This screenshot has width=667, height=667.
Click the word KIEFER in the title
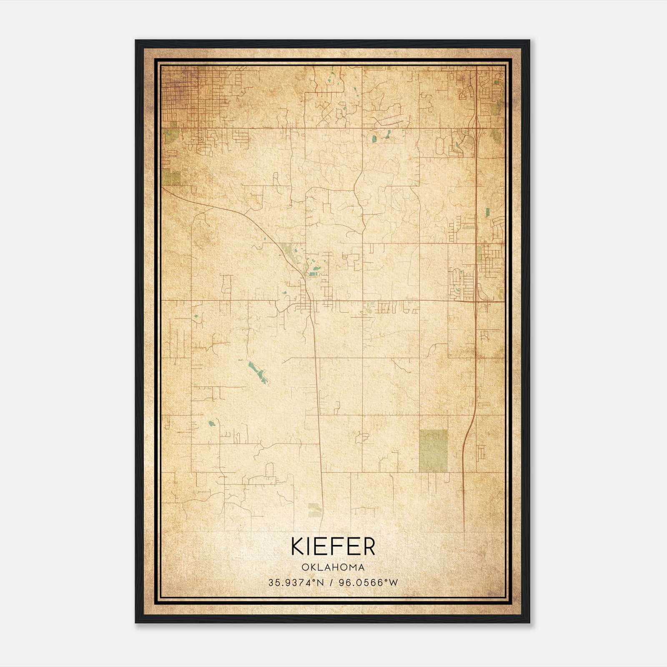[x=333, y=547]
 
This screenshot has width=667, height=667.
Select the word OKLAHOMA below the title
[x=333, y=567]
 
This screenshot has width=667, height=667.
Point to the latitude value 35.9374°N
[x=296, y=582]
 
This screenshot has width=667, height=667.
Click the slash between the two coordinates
[x=331, y=582]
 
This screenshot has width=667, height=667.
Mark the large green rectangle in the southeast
[x=433, y=451]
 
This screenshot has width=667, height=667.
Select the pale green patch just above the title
[x=315, y=509]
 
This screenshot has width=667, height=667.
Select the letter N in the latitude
[x=320, y=582]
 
